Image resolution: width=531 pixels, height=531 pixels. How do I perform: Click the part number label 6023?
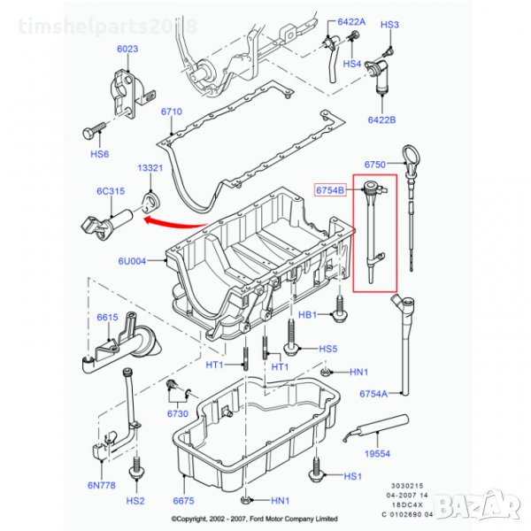click(x=127, y=50)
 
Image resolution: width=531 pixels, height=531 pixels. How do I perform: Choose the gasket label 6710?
click(x=171, y=112)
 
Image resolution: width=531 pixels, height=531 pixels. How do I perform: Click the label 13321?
click(x=149, y=167)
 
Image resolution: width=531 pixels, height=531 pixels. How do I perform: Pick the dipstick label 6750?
click(x=375, y=165)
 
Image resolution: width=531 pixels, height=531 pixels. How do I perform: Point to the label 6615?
click(x=107, y=318)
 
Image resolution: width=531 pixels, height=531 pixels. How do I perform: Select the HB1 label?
click(x=307, y=315)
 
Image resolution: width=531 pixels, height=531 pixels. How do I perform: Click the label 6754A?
click(x=373, y=394)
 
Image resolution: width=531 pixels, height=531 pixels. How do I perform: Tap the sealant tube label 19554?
click(x=377, y=453)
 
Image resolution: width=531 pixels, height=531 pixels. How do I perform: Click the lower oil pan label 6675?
click(x=182, y=501)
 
